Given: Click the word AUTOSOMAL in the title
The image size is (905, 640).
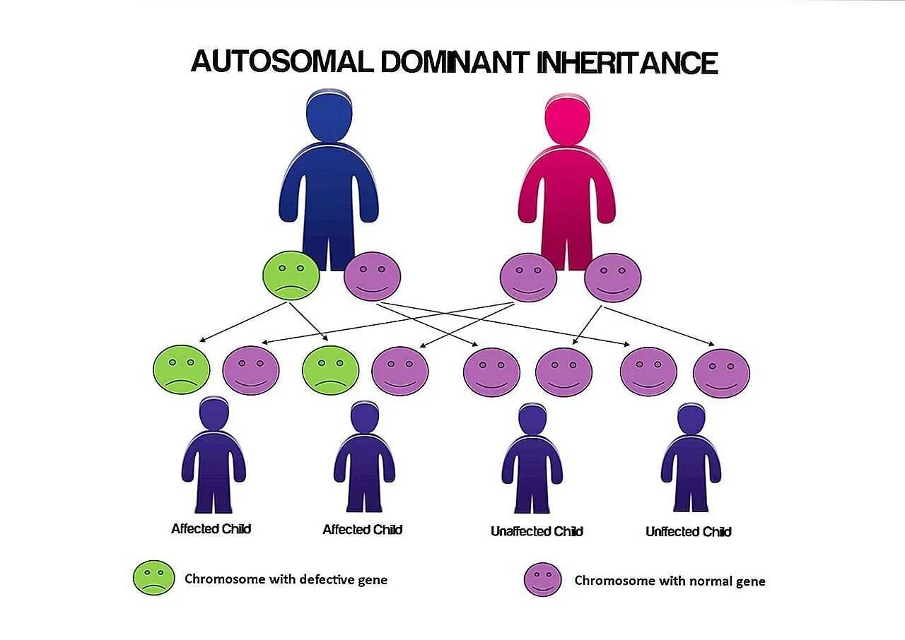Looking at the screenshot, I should pyautogui.click(x=281, y=62).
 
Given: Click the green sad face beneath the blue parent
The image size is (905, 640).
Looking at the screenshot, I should pyautogui.click(x=291, y=275).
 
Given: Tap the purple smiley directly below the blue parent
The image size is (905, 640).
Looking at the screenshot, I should pyautogui.click(x=372, y=276).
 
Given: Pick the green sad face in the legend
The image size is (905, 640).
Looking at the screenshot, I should pyautogui.click(x=153, y=578).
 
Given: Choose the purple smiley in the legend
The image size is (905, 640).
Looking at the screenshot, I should pyautogui.click(x=542, y=579).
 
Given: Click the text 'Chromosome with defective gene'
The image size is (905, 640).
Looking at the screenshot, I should pyautogui.click(x=286, y=579).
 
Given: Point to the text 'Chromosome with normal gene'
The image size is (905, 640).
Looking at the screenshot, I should pyautogui.click(x=670, y=581).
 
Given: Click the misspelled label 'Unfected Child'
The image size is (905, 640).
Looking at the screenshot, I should pyautogui.click(x=688, y=531).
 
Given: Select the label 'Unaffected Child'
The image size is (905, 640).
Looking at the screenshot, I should pyautogui.click(x=537, y=531).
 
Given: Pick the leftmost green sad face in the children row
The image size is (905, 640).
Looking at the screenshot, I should pyautogui.click(x=182, y=369).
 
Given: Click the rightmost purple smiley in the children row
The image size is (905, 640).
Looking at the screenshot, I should pyautogui.click(x=721, y=373).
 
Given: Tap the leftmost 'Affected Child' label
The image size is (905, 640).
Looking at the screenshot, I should pyautogui.click(x=211, y=528).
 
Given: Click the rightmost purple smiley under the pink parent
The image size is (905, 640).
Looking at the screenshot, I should pyautogui.click(x=612, y=278).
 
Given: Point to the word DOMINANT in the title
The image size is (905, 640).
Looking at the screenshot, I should pyautogui.click(x=454, y=62).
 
